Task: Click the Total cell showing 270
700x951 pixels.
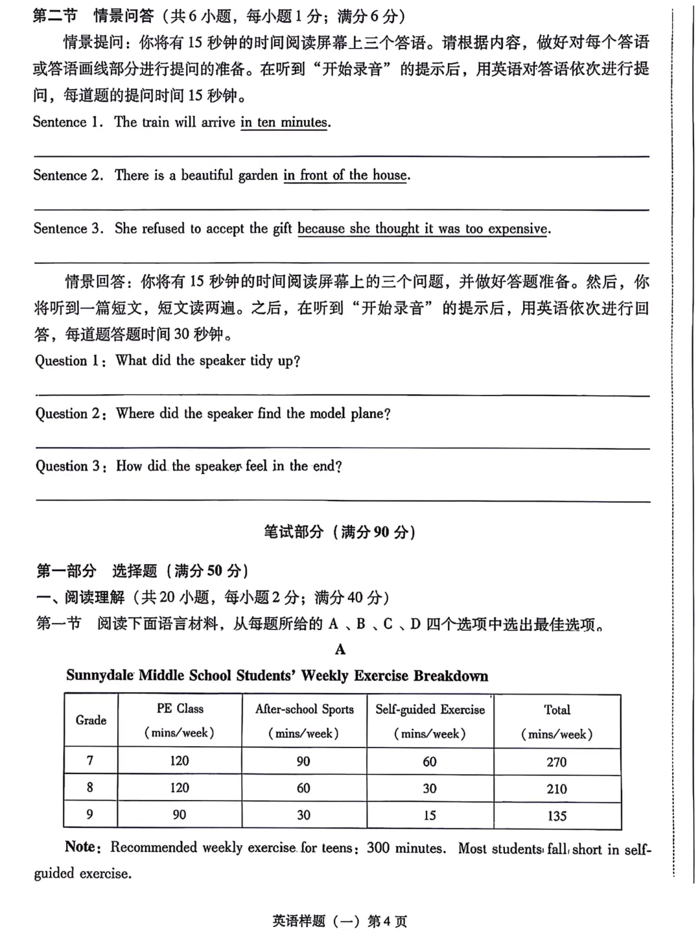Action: [x=556, y=762]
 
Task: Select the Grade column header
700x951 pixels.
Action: [x=91, y=720]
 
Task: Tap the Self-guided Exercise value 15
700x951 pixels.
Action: [x=430, y=816]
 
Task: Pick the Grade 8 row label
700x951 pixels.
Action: [x=89, y=788]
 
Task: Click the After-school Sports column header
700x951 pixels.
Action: [x=304, y=721]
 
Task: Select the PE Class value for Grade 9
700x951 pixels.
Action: [x=180, y=815]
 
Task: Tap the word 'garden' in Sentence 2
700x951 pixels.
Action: [x=258, y=176]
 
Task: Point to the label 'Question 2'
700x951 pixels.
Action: [x=70, y=414]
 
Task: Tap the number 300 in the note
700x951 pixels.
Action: [x=379, y=848]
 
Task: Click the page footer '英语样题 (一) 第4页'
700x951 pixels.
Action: [x=340, y=921]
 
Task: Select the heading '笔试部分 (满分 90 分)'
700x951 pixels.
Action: [x=340, y=532]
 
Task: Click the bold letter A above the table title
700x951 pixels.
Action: [x=340, y=650]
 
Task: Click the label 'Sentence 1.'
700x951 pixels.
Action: [x=68, y=123]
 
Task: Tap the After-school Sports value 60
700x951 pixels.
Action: [x=303, y=788]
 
